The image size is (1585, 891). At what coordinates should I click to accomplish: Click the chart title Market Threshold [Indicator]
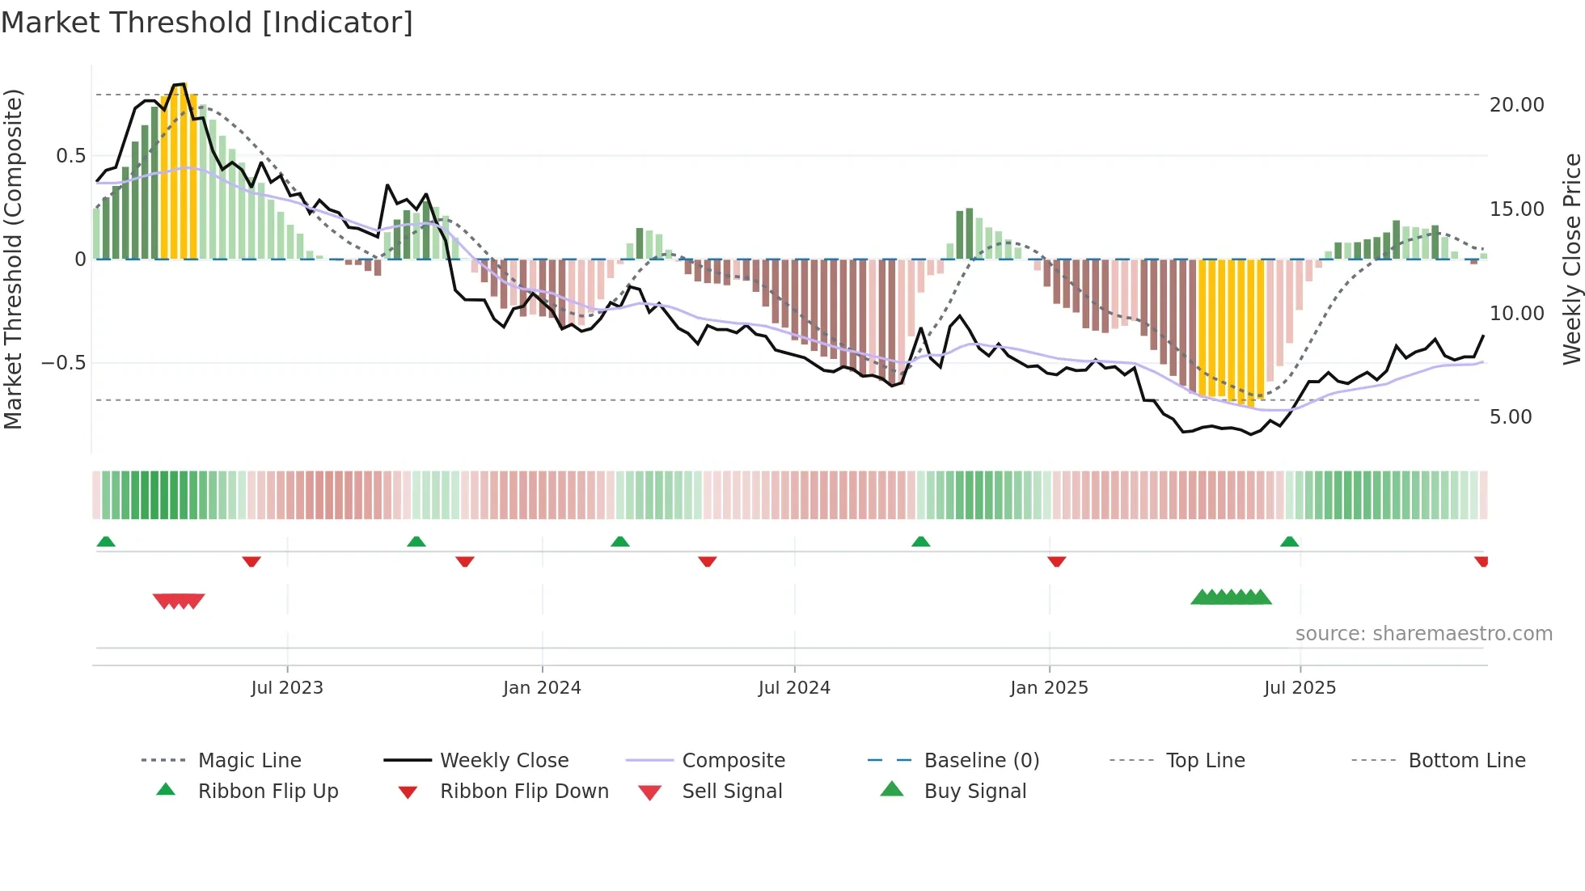click(x=207, y=23)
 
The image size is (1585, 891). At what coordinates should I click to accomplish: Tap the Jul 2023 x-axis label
click(x=286, y=688)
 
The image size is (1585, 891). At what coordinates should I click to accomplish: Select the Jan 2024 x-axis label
click(x=542, y=688)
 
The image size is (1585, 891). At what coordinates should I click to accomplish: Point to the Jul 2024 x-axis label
click(x=794, y=688)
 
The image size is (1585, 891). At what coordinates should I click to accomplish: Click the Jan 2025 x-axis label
click(x=1049, y=688)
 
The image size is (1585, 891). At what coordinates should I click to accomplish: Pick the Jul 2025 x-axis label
click(x=1300, y=688)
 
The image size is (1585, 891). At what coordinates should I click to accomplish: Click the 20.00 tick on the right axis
click(x=1516, y=105)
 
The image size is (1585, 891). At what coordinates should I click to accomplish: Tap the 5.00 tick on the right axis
click(x=1511, y=417)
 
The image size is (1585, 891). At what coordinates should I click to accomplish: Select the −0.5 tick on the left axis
click(x=63, y=363)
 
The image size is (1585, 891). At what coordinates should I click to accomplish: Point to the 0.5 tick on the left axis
click(x=70, y=156)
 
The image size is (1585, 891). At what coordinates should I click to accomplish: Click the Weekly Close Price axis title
click(x=1571, y=259)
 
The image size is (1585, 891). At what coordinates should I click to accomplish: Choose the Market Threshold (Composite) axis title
click(x=13, y=259)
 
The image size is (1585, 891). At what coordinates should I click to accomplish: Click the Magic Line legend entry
click(x=249, y=761)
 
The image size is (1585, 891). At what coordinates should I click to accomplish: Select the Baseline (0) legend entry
click(x=981, y=761)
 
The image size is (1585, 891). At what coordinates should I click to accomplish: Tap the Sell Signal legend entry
click(x=732, y=792)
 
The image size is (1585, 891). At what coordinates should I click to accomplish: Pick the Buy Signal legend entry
click(x=974, y=792)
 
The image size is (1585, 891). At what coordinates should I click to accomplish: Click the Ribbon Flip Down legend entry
click(x=524, y=792)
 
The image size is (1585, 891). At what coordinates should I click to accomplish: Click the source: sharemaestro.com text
click(x=1423, y=634)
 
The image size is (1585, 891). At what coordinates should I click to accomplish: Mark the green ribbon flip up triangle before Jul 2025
click(x=1289, y=542)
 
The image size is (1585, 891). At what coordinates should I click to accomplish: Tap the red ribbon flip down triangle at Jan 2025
click(x=1056, y=561)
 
